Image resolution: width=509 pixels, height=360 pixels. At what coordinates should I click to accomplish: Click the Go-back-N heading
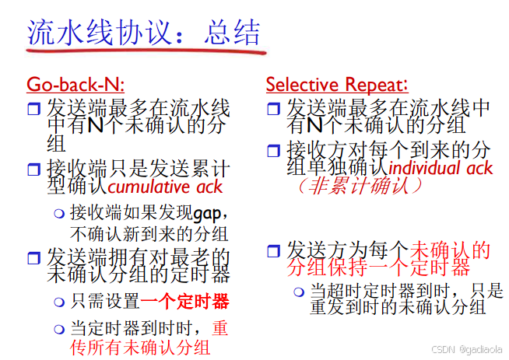click(75, 84)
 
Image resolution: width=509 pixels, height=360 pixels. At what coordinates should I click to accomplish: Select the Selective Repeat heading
click(336, 84)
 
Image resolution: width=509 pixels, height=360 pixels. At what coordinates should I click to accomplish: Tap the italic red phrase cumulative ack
click(165, 187)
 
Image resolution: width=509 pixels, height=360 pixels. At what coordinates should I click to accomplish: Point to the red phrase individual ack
click(441, 167)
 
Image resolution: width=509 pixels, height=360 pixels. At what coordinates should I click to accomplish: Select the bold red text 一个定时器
click(184, 301)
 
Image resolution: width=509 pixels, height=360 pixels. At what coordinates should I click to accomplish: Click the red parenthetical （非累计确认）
click(357, 187)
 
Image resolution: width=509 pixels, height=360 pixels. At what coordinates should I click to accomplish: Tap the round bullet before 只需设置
click(58, 302)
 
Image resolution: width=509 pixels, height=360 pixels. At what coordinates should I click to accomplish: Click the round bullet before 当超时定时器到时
click(298, 292)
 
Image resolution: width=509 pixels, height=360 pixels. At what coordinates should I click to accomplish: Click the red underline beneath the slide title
click(144, 51)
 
